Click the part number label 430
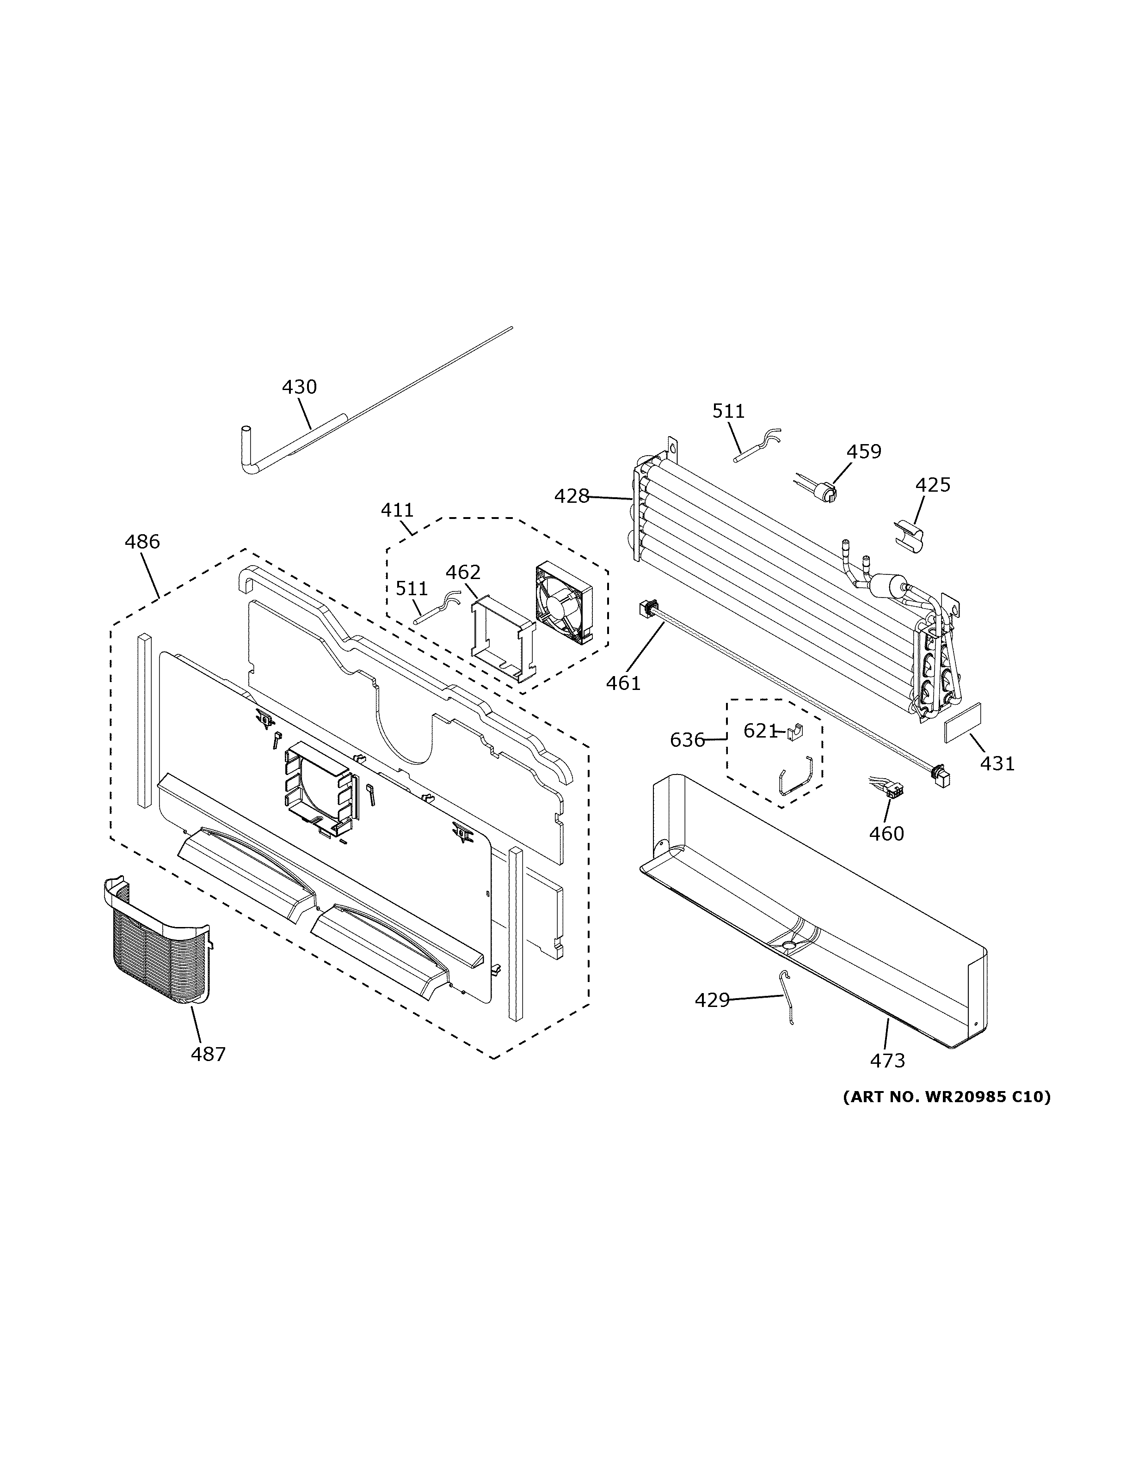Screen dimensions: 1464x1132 click(299, 387)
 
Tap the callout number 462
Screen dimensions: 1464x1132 click(463, 573)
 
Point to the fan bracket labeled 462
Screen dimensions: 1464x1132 click(503, 640)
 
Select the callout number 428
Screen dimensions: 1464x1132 click(572, 497)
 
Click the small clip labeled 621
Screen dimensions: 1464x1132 click(795, 732)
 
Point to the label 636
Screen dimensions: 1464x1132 click(687, 740)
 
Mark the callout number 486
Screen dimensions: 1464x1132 click(142, 541)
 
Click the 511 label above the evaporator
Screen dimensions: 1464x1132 click(728, 411)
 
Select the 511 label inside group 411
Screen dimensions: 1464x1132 click(411, 589)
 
